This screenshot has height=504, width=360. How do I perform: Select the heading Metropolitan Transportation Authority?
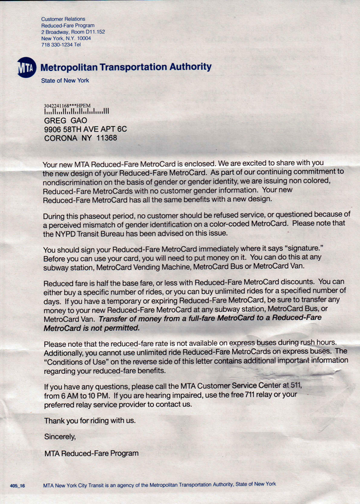point(125,67)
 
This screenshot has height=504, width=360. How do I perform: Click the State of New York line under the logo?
point(65,81)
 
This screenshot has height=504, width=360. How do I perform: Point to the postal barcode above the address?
point(77,111)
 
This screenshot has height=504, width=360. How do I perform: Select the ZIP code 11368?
point(106,138)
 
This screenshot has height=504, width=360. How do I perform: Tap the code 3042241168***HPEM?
point(67,105)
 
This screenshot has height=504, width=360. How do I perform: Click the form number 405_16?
point(17,485)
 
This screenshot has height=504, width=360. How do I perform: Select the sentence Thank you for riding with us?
point(90,421)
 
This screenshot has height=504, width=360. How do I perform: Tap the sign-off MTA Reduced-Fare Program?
point(91,453)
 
